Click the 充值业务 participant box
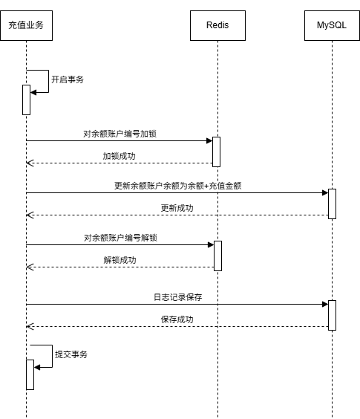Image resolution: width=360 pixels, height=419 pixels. [26, 26]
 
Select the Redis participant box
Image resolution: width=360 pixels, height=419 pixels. [217, 26]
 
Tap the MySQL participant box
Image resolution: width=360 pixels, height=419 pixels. [332, 26]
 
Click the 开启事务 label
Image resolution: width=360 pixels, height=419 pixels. [68, 79]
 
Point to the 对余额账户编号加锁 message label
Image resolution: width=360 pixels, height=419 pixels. [120, 134]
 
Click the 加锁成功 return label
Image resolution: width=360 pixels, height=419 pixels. [119, 156]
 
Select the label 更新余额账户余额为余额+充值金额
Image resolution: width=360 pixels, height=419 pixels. [178, 186]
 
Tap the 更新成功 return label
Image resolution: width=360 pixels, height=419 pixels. [177, 208]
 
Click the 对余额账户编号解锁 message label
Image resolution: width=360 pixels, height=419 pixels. [120, 238]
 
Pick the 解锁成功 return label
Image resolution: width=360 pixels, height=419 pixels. [120, 260]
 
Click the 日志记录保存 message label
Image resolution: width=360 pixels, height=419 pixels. [178, 297]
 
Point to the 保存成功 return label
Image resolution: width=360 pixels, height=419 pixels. [177, 319]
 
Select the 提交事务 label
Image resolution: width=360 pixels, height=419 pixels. [71, 354]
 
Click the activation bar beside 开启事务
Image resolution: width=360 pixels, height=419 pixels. [26, 100]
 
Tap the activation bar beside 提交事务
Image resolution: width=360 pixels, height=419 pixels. [30, 374]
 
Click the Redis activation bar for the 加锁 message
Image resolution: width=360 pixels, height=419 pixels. [216, 152]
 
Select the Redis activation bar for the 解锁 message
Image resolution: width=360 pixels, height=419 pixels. [217, 256]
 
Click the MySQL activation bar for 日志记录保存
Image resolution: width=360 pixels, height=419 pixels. [332, 315]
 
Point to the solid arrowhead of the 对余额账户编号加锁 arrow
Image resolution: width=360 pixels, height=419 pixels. [209, 141]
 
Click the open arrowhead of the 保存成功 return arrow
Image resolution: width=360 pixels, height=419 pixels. [30, 327]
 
